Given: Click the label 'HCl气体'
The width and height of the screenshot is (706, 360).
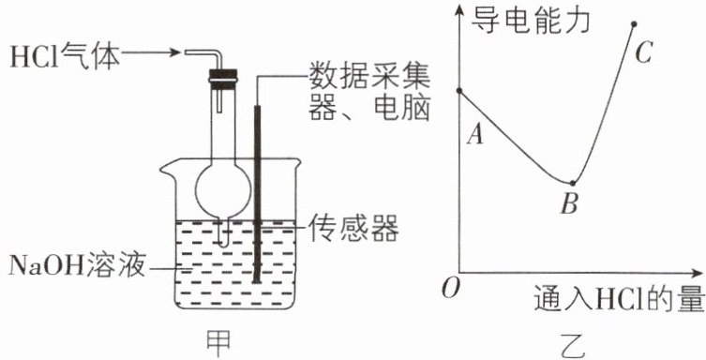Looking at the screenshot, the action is coord(65,55).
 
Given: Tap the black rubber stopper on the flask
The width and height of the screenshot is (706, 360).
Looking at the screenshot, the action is coord(223,78).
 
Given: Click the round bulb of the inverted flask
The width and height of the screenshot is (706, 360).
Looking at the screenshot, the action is coord(223,190).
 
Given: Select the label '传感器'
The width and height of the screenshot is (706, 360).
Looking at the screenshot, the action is coord(353,228).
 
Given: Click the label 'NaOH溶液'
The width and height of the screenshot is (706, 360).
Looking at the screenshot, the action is coord(77,266).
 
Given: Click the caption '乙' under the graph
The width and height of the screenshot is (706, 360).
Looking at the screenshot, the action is coord(571,347).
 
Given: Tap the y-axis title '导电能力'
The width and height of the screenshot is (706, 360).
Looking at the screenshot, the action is coord(530,21).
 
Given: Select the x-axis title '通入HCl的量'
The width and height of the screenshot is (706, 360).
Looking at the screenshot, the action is coord(619,299).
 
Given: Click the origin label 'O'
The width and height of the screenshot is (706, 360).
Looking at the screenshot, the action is coord(450,288).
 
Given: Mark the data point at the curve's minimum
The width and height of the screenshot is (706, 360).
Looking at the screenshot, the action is coord(572,183).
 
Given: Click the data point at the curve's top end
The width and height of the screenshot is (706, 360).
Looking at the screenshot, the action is coord(634,23).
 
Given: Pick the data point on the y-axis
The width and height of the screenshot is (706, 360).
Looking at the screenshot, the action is coord(459,91).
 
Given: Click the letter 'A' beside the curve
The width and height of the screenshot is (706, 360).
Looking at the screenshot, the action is coord(475,134).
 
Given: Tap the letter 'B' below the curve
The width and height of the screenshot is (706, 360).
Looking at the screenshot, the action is coord(569,203).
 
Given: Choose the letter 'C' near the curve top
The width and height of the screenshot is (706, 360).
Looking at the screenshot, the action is coord(644,53).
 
